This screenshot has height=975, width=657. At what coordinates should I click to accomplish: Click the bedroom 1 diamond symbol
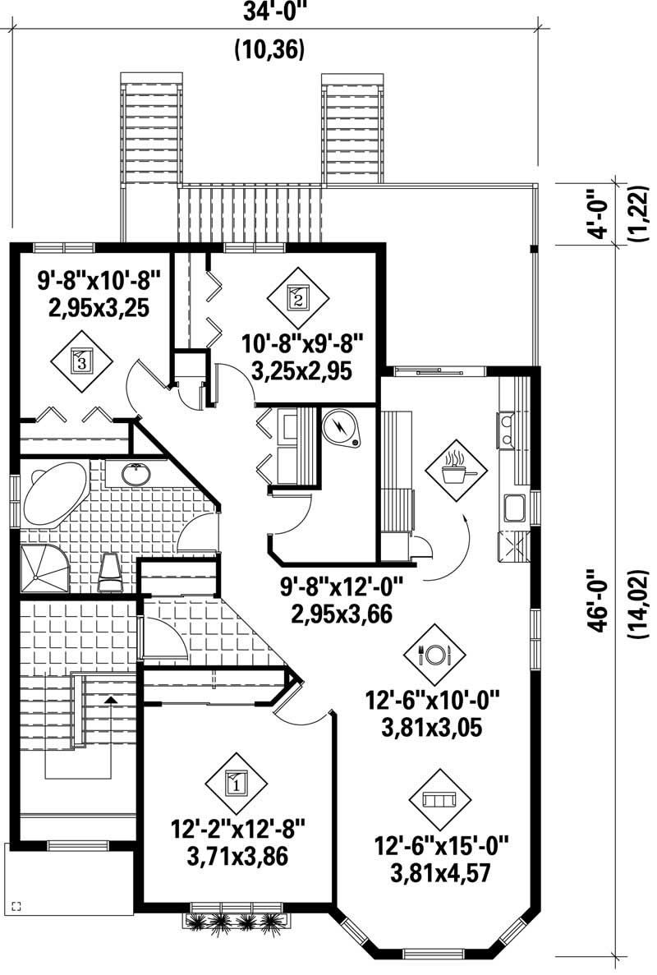[237, 783]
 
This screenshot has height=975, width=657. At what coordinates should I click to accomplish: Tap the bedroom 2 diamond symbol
[297, 297]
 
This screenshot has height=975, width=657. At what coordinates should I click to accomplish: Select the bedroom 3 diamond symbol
[80, 360]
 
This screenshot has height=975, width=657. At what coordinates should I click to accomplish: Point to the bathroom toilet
[110, 572]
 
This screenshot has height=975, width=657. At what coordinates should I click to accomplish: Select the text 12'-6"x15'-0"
[442, 844]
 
